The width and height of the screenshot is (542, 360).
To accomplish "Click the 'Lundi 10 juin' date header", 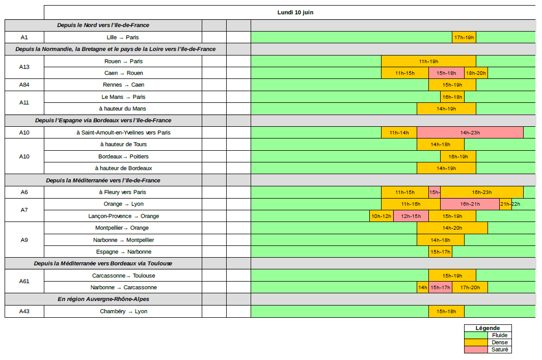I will pos(295,12).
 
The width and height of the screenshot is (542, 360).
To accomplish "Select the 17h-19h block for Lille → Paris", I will pos(464,37).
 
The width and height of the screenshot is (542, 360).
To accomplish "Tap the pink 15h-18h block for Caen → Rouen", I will pos(446,73).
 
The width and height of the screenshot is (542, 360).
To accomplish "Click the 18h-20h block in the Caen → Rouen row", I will pos(476,73).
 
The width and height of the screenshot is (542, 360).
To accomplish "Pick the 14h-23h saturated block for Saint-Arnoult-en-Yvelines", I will pos(470,133).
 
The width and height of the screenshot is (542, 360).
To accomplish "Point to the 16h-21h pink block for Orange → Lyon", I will pos(470,204).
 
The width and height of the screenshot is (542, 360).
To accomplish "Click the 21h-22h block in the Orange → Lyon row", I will pos(505,204).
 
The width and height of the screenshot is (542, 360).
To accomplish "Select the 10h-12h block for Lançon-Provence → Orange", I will pos(381,216).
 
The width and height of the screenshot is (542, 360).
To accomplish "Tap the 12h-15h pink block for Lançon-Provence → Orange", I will pos(411,216).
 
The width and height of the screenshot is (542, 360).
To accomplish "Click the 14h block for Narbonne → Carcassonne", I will pos(423,288).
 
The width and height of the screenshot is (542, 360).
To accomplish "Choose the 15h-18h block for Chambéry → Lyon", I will pos(446,312).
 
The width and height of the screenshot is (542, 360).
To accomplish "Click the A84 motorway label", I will pos(24,85).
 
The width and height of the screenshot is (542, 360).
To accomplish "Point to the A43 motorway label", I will pos(24,312).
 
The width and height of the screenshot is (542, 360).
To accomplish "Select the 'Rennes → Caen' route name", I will pos(123,85).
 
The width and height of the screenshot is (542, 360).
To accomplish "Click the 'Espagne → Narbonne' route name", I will pos(123,252).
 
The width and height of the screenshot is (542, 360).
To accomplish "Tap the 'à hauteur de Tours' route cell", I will pos(123,145).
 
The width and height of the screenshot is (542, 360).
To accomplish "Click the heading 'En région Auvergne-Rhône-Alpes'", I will pos(103,299).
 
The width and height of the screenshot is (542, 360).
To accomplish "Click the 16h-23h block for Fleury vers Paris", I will pos(481,192).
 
